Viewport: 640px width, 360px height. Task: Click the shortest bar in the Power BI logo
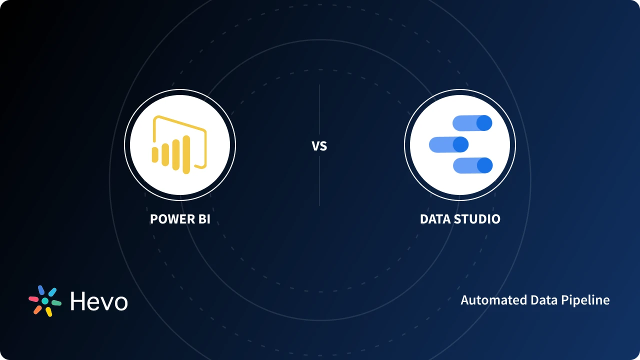tap(155, 155)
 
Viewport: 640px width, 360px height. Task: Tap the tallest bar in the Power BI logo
tap(186, 154)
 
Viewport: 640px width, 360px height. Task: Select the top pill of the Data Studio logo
tap(472, 123)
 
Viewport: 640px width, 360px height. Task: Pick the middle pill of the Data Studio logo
tap(448, 145)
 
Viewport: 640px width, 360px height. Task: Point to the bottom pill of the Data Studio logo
tap(472, 165)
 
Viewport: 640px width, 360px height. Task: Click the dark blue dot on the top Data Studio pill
tap(484, 123)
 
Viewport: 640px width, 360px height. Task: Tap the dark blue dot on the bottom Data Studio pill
tap(484, 165)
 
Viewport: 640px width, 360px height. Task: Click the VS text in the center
tap(319, 146)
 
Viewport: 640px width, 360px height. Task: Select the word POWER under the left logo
tap(170, 219)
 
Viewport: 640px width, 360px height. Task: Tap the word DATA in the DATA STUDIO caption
tap(434, 219)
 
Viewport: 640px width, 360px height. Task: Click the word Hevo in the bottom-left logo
tap(99, 301)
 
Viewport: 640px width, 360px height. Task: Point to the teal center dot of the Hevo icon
tap(45, 301)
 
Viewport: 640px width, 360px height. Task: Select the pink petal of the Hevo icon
tap(33, 298)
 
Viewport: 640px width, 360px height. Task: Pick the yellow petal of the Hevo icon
tap(49, 312)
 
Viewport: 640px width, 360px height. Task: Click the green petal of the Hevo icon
tap(56, 303)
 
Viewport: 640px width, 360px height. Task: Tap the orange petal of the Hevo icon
tap(37, 309)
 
